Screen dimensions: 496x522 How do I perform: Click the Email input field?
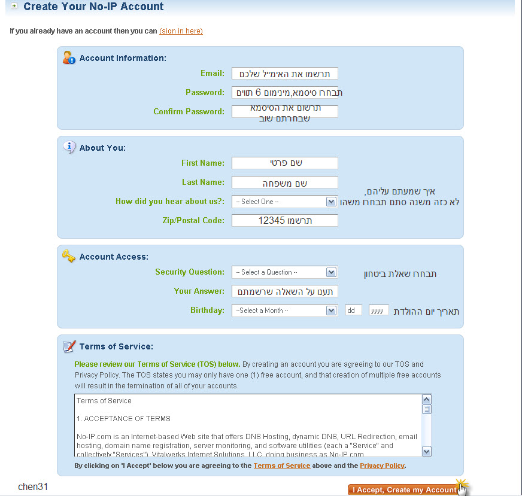point(284,74)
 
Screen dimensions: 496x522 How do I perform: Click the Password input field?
point(284,93)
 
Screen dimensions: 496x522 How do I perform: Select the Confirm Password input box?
point(284,111)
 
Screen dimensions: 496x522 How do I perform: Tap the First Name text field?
point(284,163)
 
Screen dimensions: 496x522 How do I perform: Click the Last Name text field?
point(284,182)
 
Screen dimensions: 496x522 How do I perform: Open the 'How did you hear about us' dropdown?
point(284,202)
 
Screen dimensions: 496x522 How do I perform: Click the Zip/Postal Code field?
point(284,220)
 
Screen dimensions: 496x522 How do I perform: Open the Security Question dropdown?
point(284,272)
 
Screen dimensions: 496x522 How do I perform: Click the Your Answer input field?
point(284,291)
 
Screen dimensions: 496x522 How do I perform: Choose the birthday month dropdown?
point(284,311)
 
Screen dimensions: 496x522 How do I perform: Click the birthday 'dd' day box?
point(353,311)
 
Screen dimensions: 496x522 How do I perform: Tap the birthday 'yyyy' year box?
point(379,311)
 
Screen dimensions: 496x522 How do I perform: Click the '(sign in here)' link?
point(181,31)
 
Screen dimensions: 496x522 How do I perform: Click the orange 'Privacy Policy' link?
point(382,465)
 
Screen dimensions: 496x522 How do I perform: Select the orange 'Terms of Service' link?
point(281,465)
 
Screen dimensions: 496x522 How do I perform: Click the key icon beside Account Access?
point(69,255)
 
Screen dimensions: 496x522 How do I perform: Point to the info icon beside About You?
point(69,147)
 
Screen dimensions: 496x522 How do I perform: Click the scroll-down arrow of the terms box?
point(427,452)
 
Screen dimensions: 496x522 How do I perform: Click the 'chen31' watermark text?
point(33,486)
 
